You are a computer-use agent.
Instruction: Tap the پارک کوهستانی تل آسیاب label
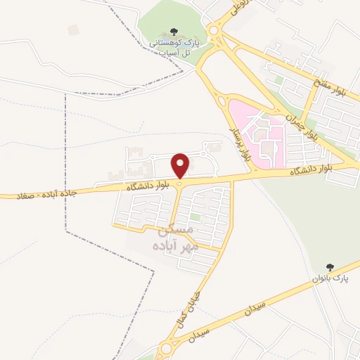pyautogui.click(x=172, y=47)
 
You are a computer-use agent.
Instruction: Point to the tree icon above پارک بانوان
pyautogui.click(x=330, y=267)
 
